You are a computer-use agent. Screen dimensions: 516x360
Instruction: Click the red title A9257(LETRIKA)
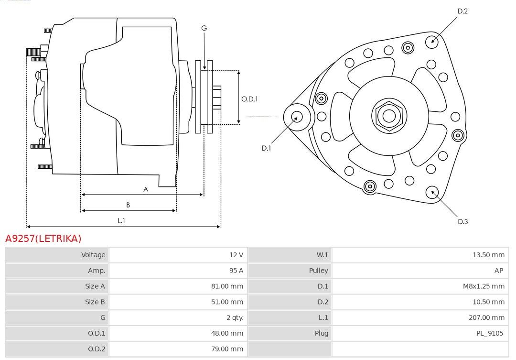(43, 238)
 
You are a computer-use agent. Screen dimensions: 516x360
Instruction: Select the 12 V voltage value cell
(236, 255)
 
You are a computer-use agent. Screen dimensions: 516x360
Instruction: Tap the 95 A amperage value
(236, 271)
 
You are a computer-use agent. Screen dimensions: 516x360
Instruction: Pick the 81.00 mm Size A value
(227, 286)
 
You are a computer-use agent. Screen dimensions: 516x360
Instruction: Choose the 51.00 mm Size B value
(227, 302)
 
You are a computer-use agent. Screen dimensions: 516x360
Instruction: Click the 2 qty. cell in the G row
(235, 317)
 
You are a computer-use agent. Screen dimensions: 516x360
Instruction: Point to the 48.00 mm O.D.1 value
(227, 333)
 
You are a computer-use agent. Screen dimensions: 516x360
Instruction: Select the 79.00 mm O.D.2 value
(227, 349)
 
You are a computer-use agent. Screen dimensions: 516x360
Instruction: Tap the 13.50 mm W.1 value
(488, 255)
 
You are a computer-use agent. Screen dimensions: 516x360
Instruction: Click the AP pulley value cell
(498, 271)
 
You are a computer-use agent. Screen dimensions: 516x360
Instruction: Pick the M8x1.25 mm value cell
(484, 286)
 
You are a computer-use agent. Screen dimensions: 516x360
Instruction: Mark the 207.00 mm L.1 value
(486, 317)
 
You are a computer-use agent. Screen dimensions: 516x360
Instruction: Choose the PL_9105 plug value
(490, 333)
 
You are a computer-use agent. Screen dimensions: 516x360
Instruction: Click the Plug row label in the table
(321, 333)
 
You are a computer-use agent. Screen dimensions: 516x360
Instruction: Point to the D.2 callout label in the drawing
(462, 11)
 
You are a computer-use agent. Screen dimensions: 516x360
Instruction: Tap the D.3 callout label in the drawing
(462, 222)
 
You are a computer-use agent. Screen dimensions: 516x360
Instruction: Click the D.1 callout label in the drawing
(266, 148)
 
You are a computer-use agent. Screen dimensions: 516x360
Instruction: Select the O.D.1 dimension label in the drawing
(249, 99)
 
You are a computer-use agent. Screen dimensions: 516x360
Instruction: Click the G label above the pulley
(204, 28)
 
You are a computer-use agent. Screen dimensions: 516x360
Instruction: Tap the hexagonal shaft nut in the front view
(389, 116)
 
